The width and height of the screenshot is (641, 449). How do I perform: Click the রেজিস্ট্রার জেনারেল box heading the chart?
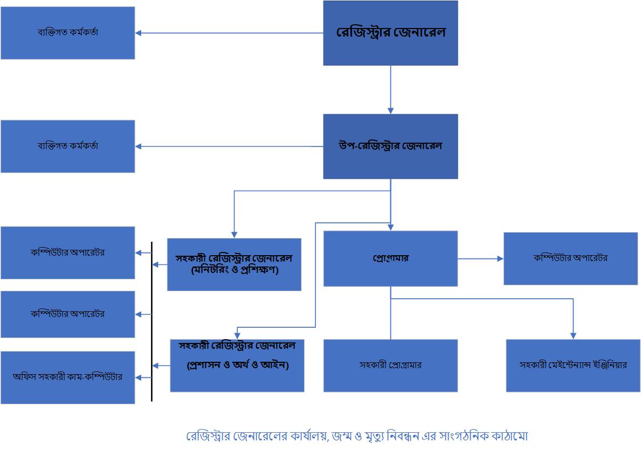coord(390,33)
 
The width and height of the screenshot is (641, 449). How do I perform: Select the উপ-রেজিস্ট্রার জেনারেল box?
coord(390,146)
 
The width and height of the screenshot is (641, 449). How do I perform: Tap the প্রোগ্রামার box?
coord(390,258)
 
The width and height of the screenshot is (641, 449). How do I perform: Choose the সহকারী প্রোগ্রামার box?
coord(390,365)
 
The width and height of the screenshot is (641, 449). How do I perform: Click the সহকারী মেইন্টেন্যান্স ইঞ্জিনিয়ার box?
coord(573,365)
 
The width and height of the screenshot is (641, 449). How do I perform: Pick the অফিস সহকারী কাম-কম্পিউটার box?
coord(67,377)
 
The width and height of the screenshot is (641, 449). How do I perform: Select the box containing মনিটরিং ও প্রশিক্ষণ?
coord(234,264)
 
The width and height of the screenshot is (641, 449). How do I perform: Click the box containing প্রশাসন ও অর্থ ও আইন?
coord(237,365)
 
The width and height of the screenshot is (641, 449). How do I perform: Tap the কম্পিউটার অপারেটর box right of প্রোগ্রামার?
coord(570,258)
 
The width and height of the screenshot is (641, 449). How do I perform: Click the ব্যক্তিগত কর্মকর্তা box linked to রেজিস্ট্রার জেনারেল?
coord(67,33)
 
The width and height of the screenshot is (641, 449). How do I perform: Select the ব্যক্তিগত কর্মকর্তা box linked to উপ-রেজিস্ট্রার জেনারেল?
coord(67,146)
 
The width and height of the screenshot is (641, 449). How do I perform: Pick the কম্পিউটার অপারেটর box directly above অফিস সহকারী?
coord(67,314)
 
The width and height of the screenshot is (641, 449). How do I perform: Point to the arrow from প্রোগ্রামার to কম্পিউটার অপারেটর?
coord(480,258)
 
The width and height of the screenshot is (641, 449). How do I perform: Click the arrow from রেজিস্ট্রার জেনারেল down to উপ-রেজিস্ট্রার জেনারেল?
coord(390,89)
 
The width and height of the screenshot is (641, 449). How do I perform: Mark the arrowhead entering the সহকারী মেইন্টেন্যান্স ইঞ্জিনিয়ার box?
coord(573,335)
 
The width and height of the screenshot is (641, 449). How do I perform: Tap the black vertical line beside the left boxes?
coord(151,321)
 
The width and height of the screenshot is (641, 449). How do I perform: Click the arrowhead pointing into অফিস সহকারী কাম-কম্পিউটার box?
coord(139,377)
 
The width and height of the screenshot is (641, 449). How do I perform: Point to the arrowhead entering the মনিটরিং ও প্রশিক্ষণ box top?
coord(234,234)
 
